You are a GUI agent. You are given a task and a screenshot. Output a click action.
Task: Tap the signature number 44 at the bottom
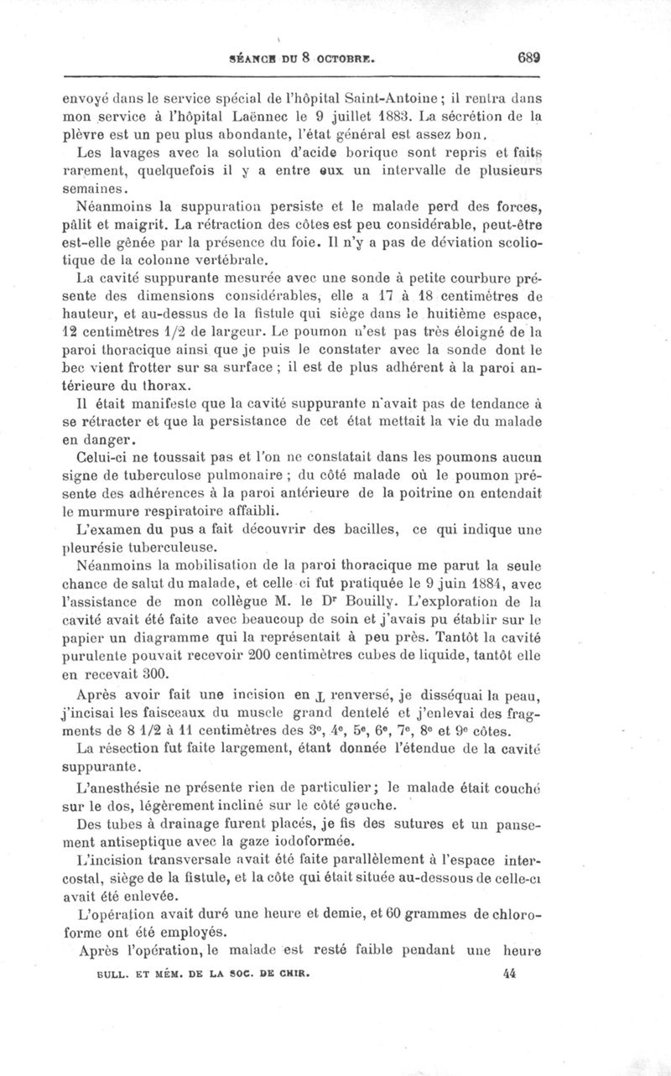[510, 974]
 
